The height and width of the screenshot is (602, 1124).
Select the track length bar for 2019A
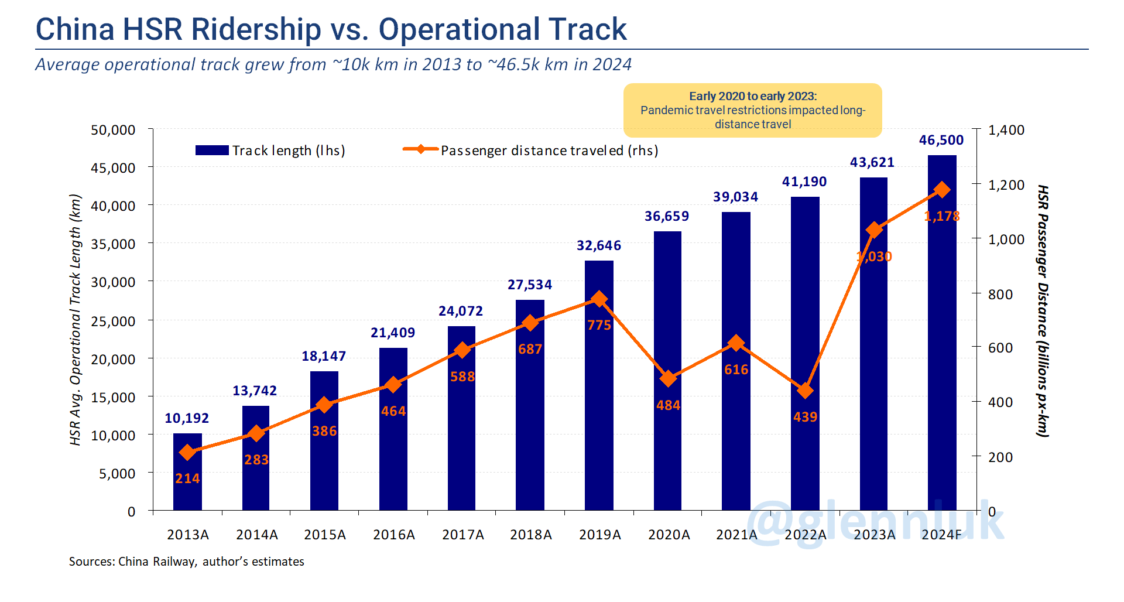[599, 410]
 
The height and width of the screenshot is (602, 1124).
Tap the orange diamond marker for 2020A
[668, 379]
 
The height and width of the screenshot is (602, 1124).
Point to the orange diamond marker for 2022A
[806, 391]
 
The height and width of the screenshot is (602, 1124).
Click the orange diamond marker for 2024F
[942, 190]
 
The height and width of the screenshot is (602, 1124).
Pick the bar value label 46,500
[941, 141]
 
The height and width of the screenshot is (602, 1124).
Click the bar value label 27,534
[529, 285]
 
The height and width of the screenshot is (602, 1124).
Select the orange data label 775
[599, 326]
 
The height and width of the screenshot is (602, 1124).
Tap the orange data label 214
[187, 479]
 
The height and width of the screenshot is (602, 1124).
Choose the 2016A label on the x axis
[393, 535]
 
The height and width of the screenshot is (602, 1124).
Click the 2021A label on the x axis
[736, 535]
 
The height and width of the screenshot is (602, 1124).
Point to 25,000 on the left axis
[113, 321]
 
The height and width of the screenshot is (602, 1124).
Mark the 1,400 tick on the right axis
[1006, 130]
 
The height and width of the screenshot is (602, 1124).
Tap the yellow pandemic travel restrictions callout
[752, 110]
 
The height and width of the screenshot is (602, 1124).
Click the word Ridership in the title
[256, 29]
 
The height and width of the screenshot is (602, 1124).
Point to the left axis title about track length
[75, 320]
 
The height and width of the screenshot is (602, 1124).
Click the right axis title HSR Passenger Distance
[1042, 310]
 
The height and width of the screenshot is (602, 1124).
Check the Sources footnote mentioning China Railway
[186, 562]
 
